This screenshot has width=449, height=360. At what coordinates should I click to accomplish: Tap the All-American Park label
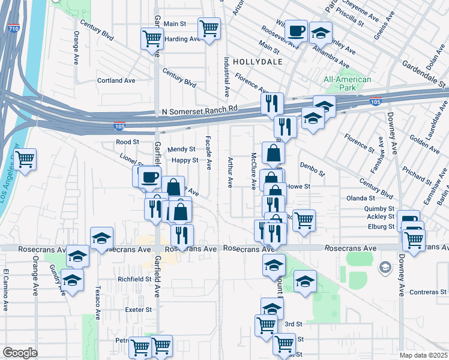(x=347, y=83)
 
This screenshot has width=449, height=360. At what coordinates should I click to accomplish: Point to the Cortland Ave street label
(x=116, y=80)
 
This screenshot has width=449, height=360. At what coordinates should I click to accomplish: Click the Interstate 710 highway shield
(x=14, y=28)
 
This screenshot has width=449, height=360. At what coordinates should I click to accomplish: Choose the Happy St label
(x=185, y=160)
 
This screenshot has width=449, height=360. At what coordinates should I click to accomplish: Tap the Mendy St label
(x=182, y=149)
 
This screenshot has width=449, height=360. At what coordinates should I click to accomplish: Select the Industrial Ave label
(x=227, y=77)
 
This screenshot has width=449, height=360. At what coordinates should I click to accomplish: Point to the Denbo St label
(x=312, y=168)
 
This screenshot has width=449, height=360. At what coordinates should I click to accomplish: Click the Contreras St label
(x=426, y=292)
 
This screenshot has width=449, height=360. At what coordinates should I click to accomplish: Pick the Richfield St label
(x=134, y=279)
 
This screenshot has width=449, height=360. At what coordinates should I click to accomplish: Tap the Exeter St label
(x=139, y=310)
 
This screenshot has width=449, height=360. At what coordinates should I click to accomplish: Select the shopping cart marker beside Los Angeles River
(x=25, y=160)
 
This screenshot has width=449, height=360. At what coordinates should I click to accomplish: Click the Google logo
(x=20, y=353)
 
